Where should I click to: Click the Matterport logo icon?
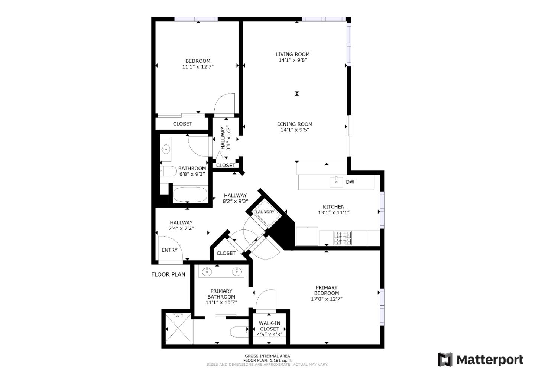pos(445,360)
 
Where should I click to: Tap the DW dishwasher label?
pos(350,182)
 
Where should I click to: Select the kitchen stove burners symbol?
pos(342,238)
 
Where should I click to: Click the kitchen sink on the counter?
pos(336,182)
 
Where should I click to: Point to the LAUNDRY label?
pos(265,212)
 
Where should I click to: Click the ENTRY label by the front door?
pos(169,250)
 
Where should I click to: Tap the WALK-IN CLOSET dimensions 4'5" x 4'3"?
pos(270,334)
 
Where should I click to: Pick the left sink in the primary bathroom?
pos(207,272)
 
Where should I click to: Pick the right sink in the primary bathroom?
pos(237,272)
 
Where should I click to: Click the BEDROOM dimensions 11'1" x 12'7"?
pos(198,67)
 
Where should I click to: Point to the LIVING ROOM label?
pos(292,54)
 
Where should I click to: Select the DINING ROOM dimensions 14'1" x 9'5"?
pos(295,130)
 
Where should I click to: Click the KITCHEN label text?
pos(333,207)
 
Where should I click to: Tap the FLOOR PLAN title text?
pos(168,275)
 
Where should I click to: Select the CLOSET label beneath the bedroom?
pos(182,124)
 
